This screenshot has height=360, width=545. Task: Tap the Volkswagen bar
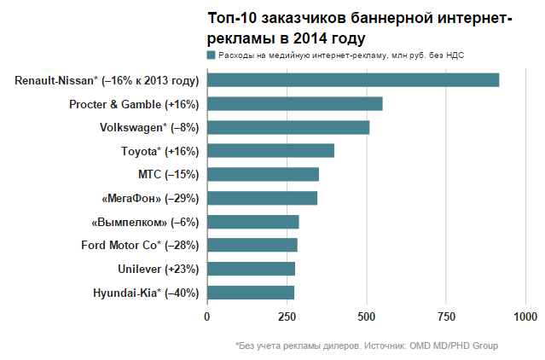(288, 128)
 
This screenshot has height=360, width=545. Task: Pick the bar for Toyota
(270, 151)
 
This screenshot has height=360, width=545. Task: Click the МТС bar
(263, 174)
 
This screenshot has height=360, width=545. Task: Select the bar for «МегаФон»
(262, 198)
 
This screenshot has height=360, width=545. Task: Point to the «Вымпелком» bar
(252, 222)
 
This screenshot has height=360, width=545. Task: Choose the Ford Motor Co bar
(252, 246)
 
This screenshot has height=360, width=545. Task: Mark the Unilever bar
(251, 269)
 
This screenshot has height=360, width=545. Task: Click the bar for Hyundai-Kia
(250, 293)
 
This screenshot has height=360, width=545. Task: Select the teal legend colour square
(212, 55)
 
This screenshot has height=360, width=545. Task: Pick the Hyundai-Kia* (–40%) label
(146, 293)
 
